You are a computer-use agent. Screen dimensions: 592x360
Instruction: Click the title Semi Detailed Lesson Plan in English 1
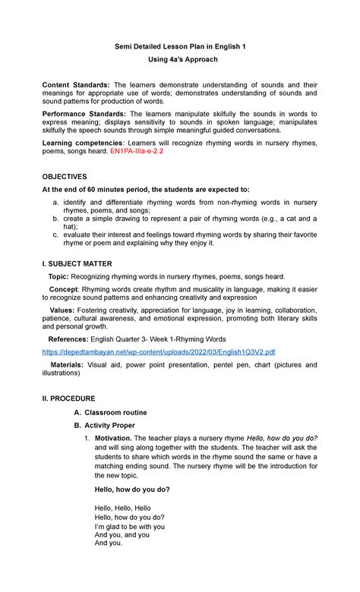(x=179, y=46)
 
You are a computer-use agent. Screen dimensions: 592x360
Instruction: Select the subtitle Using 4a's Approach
(x=179, y=59)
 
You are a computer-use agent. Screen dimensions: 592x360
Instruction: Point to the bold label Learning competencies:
(x=86, y=143)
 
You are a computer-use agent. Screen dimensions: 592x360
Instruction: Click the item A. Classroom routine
(x=114, y=412)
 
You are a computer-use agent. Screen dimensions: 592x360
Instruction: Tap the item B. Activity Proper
(x=111, y=426)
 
